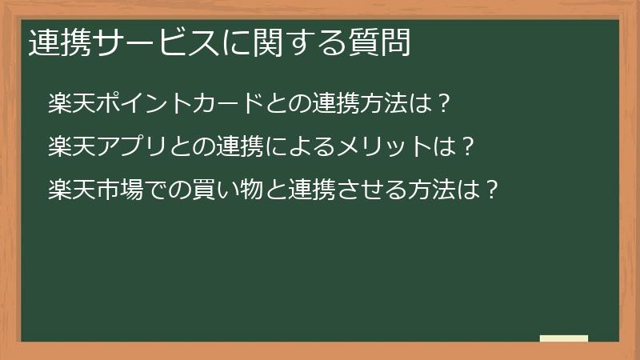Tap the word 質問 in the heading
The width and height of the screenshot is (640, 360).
coord(384,42)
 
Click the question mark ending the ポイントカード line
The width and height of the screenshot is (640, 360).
coord(446,103)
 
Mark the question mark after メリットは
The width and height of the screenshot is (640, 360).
coord(469,146)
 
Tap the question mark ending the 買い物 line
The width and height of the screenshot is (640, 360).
coord(493,190)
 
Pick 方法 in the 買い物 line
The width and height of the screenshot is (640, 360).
coord(429,190)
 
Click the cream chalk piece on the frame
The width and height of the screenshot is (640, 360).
coord(564,339)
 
